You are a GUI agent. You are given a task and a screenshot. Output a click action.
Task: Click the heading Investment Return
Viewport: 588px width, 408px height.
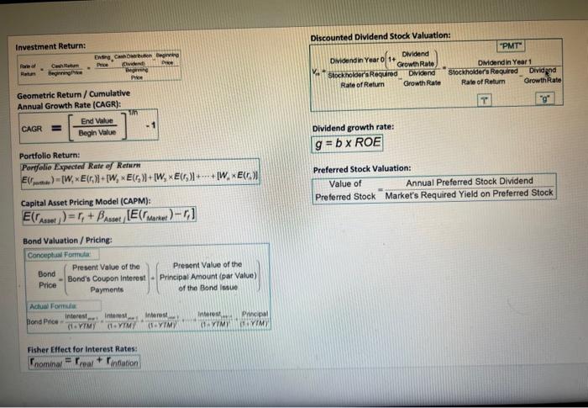pyautogui.click(x=50, y=45)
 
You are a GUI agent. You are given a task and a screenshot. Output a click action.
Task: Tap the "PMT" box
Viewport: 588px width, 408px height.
pyautogui.click(x=512, y=47)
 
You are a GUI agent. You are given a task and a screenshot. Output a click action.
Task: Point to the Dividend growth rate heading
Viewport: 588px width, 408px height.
pyautogui.click(x=353, y=127)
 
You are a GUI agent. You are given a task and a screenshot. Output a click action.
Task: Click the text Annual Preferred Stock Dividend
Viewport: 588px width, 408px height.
pyautogui.click(x=469, y=182)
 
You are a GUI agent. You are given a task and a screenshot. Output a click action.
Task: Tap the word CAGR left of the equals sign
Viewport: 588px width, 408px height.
pyautogui.click(x=33, y=130)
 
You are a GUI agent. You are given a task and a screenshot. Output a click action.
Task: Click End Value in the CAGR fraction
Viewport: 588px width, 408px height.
pyautogui.click(x=97, y=122)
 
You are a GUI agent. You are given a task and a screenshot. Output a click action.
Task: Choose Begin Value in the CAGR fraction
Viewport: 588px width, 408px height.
pyautogui.click(x=97, y=134)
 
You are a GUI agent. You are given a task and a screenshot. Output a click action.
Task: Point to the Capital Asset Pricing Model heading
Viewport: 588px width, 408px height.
pyautogui.click(x=85, y=202)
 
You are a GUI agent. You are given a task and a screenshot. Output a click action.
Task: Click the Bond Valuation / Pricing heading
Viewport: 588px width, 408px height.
pyautogui.click(x=66, y=240)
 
